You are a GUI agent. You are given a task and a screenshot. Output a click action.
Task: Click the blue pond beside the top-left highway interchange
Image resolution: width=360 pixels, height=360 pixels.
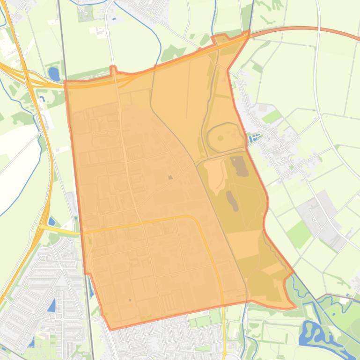point(54,73)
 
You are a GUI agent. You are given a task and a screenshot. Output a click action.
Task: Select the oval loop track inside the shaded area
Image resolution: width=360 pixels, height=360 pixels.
point(226,137)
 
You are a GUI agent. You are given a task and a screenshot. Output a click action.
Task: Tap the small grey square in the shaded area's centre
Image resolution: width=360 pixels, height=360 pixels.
point(170,177)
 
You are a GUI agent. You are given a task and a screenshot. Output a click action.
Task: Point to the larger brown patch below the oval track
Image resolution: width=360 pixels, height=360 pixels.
point(240,166)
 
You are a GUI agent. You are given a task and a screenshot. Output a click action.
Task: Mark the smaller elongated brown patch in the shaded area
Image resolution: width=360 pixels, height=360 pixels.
point(232,201)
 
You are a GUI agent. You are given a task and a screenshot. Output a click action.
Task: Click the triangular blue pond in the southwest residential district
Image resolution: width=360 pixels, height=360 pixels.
point(51,306)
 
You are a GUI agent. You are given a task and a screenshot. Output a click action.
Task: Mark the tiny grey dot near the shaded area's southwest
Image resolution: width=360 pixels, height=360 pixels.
point(130,300)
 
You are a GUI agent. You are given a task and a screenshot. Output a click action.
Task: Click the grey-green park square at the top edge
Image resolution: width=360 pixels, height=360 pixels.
point(86,14)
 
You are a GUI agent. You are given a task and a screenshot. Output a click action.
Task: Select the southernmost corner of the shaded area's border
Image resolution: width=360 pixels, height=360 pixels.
point(110,329)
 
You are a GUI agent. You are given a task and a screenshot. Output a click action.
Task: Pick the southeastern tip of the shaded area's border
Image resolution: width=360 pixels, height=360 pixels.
point(295,307)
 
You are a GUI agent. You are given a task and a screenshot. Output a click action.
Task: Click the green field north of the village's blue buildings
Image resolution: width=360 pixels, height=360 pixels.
point(272,116)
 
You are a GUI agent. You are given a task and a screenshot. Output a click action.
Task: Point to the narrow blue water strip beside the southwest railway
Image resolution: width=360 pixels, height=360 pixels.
point(92,289)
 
